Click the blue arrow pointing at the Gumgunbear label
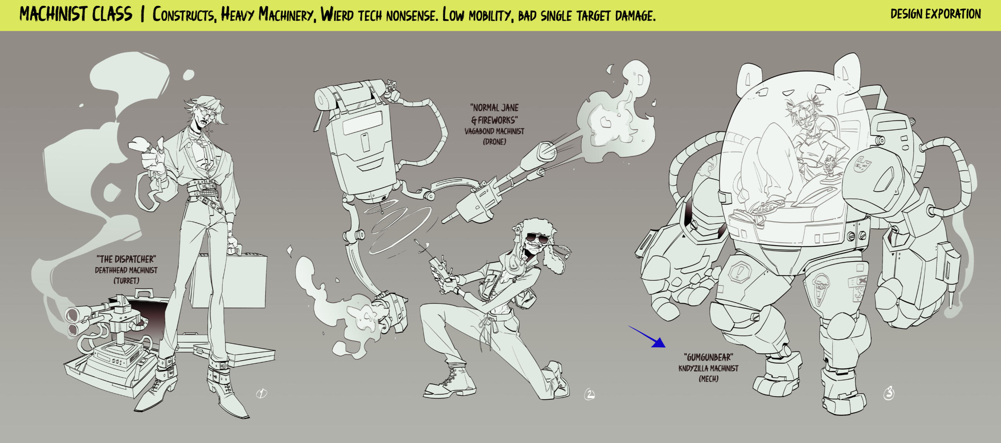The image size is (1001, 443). pos(647,337)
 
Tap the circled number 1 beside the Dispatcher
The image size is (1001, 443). pos(262,393)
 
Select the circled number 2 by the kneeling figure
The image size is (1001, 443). pos(589,395)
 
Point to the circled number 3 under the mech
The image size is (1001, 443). pos(889,393)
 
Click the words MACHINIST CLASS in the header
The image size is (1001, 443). pos(76,14)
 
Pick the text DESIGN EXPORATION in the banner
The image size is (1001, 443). pos(936,14)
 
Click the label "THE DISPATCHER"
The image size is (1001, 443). pos(126,259)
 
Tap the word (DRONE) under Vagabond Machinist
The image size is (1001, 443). pos(494,142)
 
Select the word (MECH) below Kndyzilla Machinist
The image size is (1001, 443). pos(709,378)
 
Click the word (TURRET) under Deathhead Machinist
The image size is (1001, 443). pos(126,280)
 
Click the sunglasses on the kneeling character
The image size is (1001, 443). pos(537,238)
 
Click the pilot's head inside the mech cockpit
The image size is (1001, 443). pos(804,111)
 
